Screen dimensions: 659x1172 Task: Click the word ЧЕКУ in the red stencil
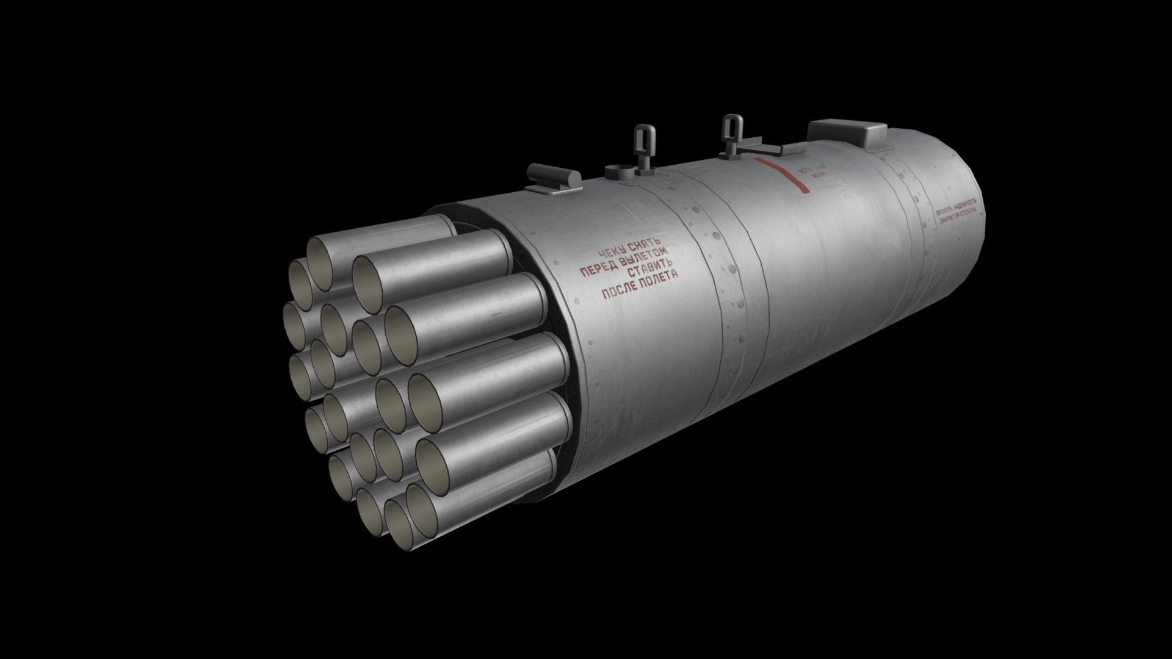pyautogui.click(x=612, y=253)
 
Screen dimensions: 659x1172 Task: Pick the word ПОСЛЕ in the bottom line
pyautogui.click(x=620, y=290)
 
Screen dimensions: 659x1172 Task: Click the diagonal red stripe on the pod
pyautogui.click(x=782, y=175)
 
